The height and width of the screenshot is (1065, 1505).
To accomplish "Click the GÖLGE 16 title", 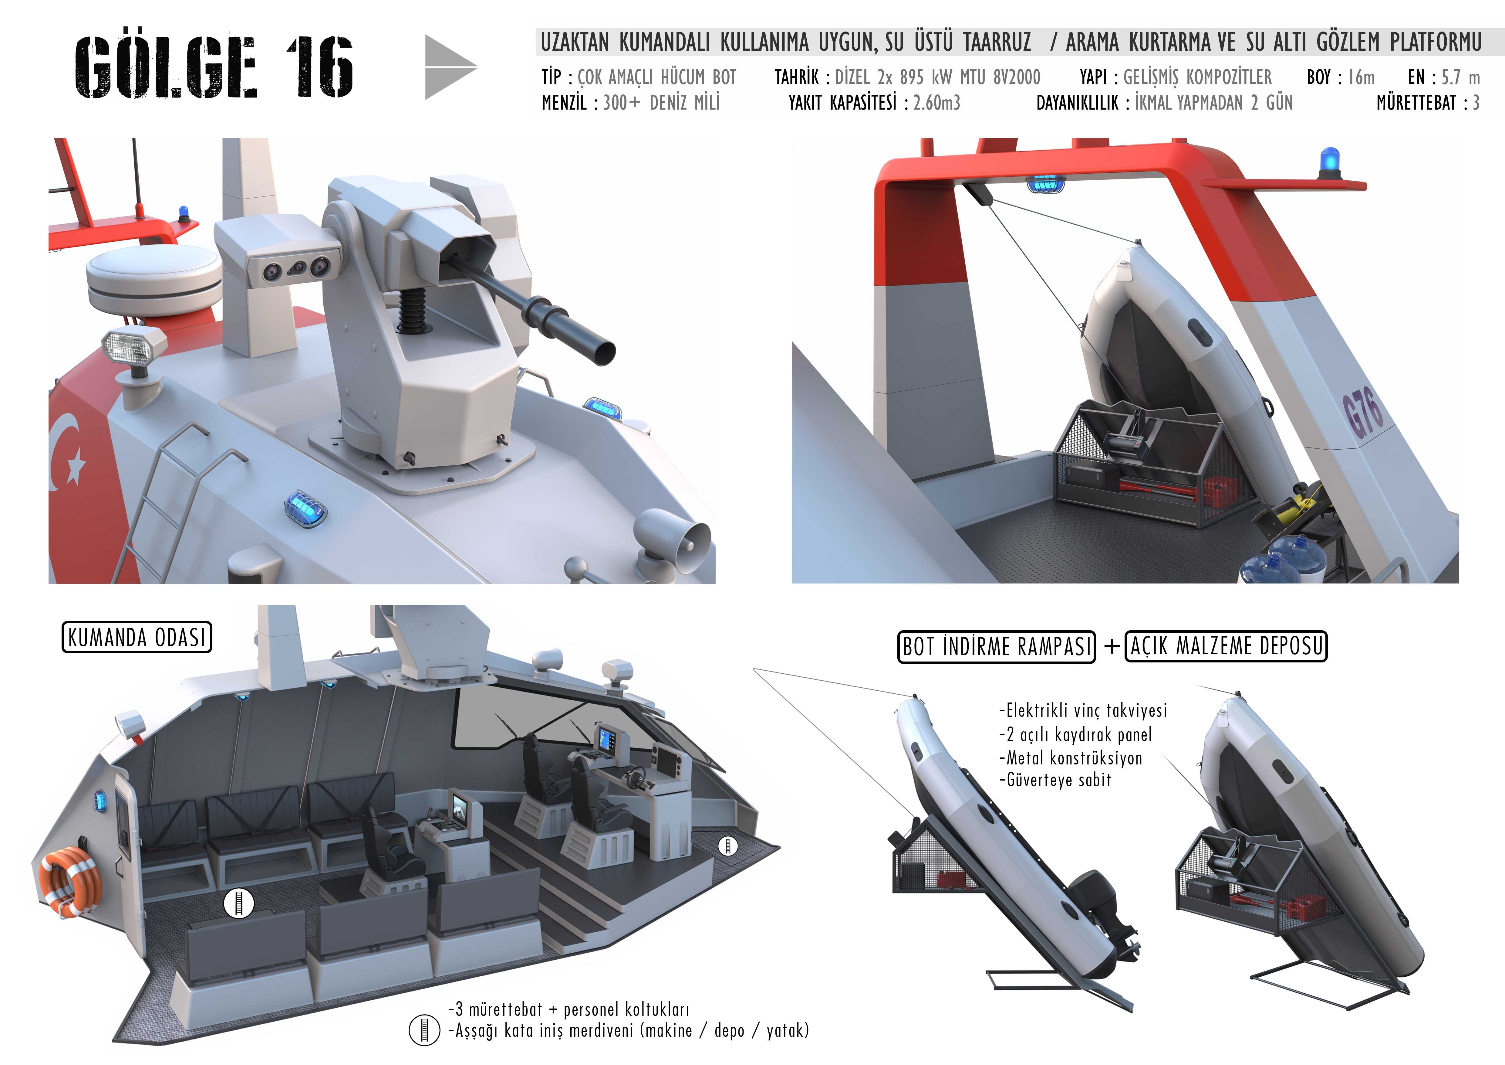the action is coord(214,66).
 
